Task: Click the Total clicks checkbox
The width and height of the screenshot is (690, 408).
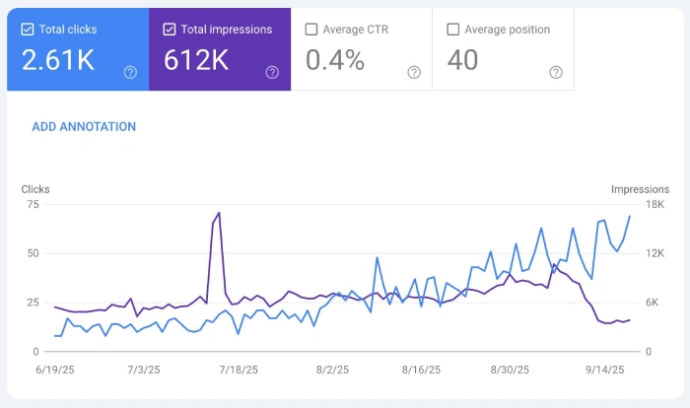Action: tap(27, 30)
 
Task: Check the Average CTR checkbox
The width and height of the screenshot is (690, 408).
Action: tap(311, 30)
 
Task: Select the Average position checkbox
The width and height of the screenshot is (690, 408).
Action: tap(453, 30)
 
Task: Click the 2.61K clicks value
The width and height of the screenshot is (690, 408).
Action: tap(58, 61)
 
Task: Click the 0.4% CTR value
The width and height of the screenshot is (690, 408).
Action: tap(335, 61)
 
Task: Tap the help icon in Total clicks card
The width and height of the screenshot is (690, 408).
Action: tap(130, 72)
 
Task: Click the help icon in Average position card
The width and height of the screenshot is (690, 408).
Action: tap(556, 72)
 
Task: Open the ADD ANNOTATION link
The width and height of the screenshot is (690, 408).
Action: tap(84, 127)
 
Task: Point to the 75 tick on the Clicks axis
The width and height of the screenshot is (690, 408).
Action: tap(33, 204)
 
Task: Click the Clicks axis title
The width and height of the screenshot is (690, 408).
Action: tap(35, 189)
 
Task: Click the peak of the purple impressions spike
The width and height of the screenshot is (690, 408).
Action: tap(218, 213)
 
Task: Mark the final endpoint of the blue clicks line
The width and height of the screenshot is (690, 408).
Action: tap(630, 216)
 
